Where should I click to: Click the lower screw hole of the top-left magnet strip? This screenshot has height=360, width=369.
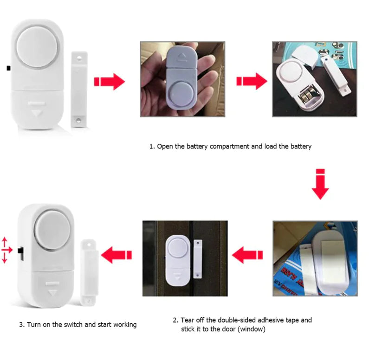coord(79,120)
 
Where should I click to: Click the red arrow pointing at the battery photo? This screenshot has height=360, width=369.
coord(252,82)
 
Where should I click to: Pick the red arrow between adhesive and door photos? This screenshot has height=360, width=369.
coord(247,254)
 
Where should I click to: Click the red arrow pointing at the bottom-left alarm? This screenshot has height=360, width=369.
coord(116,254)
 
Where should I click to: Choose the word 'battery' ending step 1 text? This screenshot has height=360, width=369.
coord(300,146)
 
